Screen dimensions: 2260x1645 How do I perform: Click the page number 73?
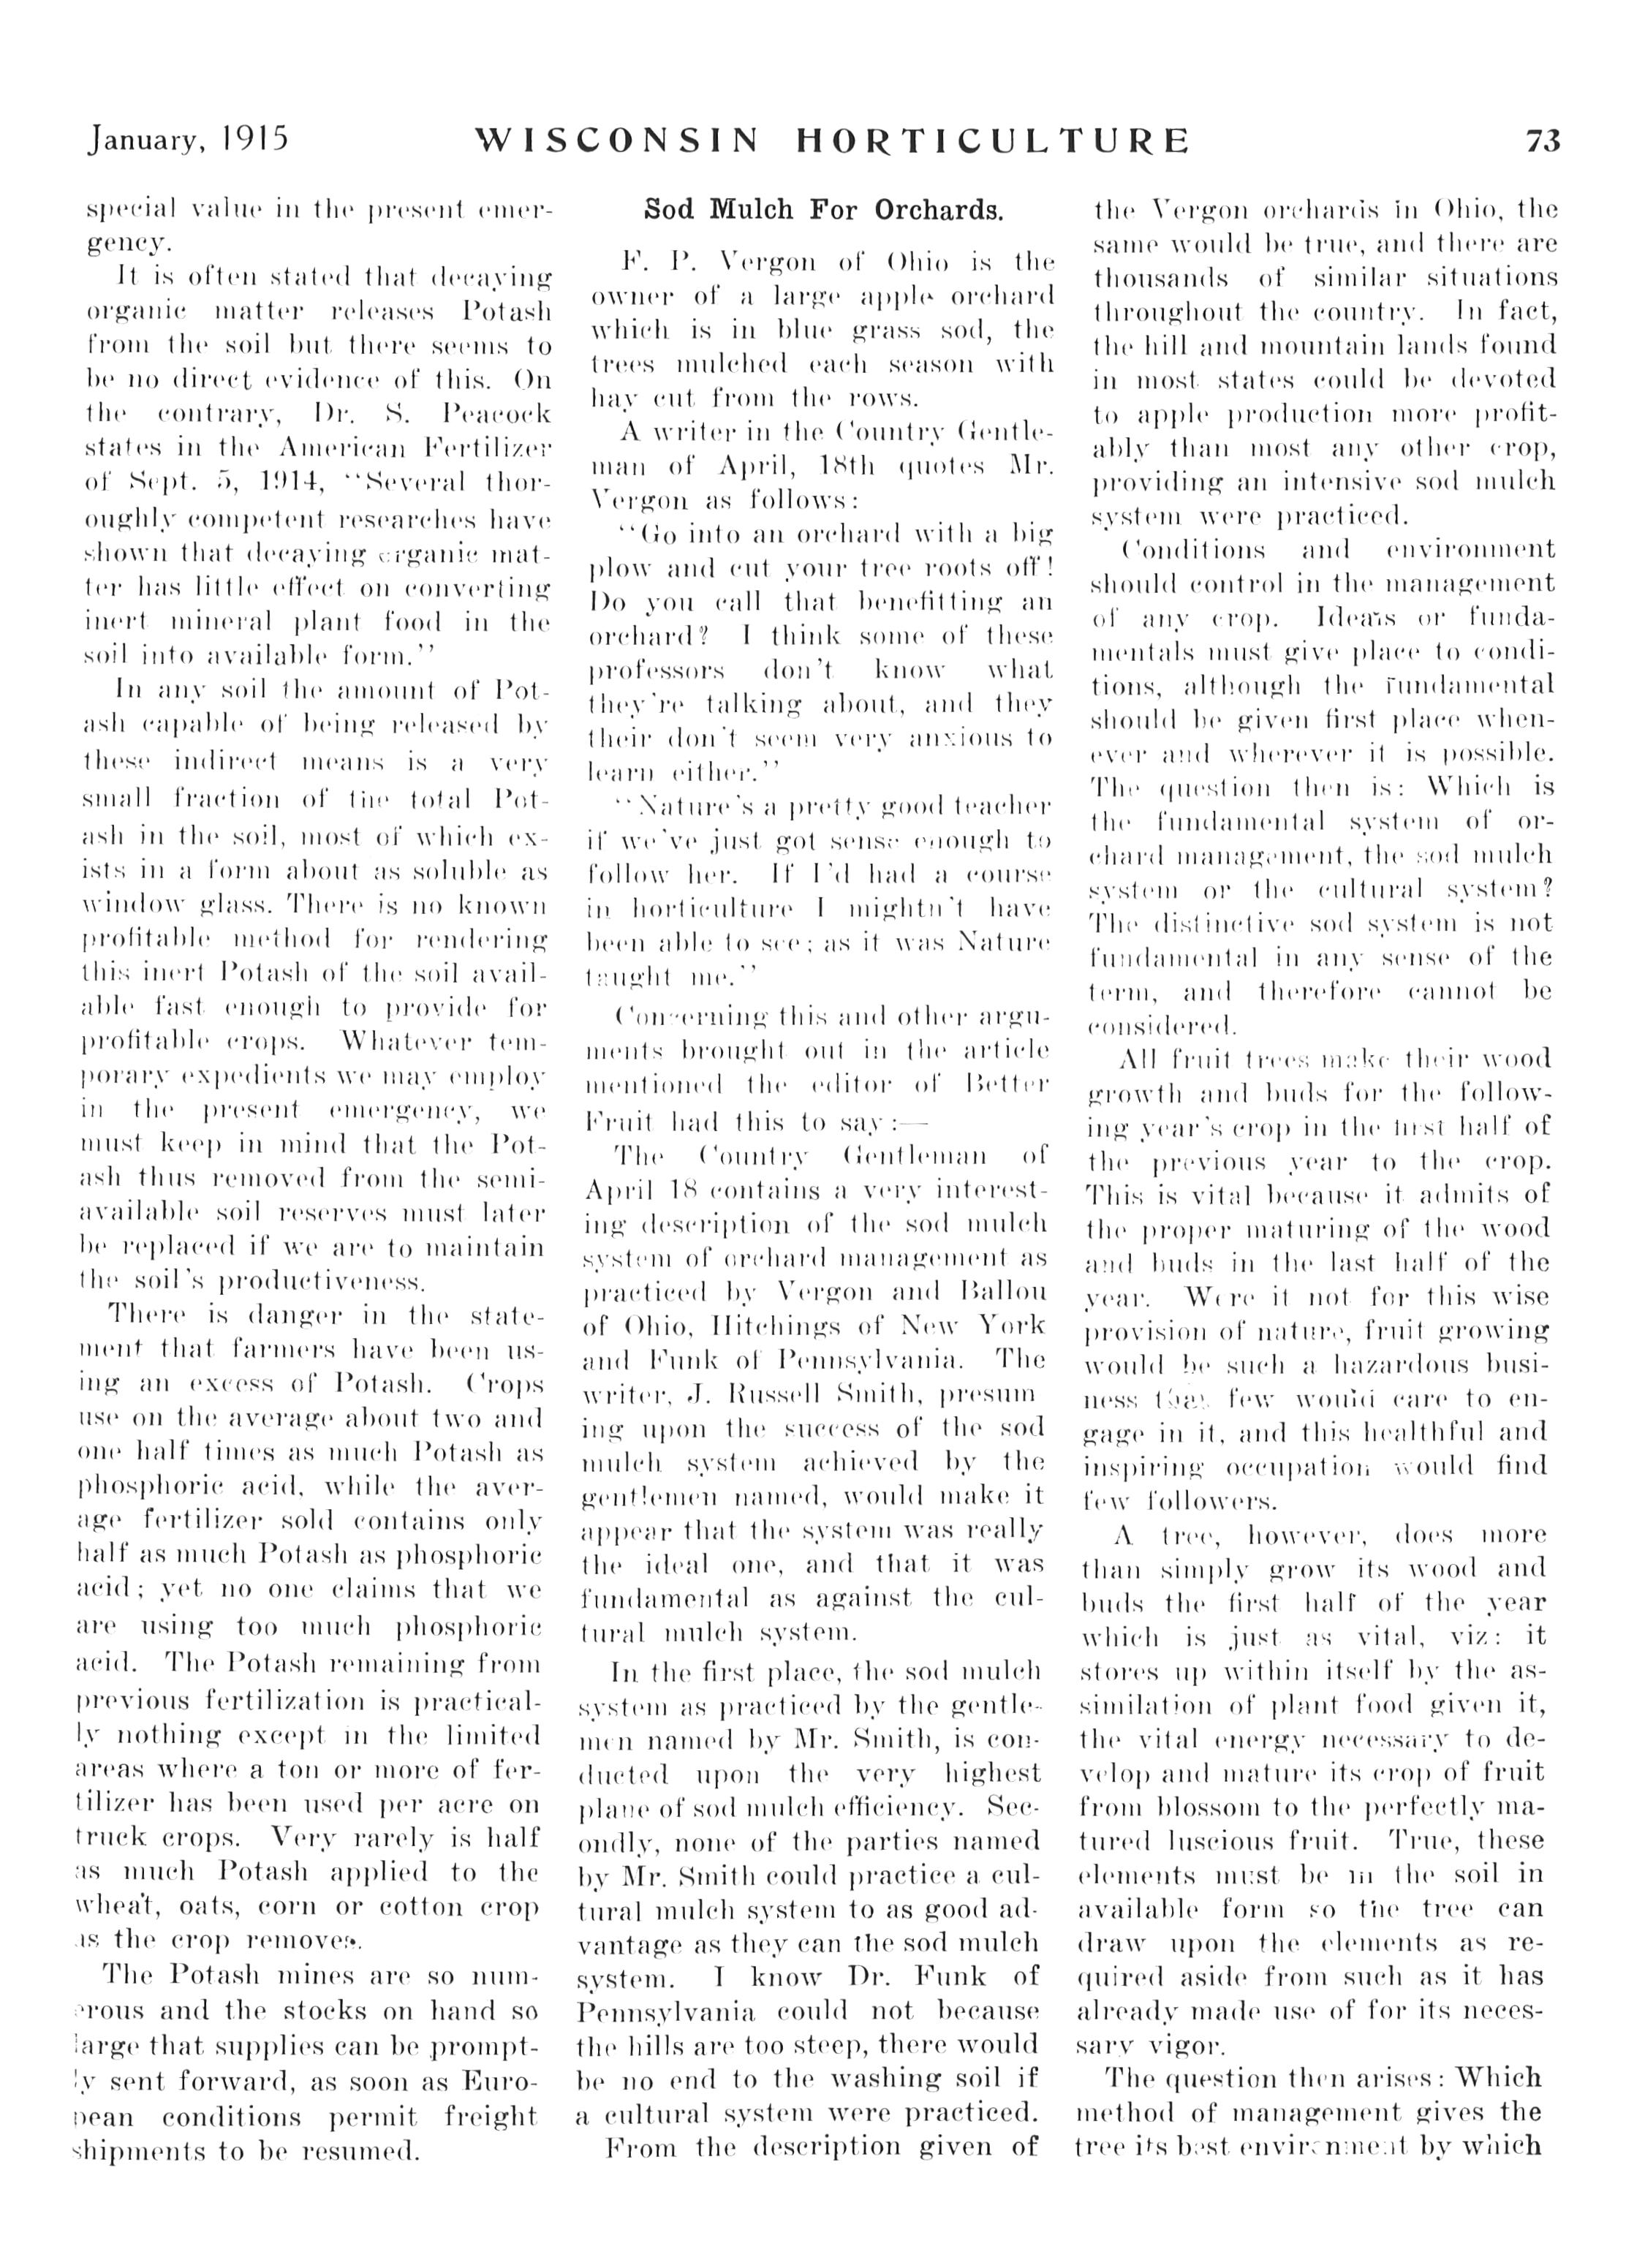pos(1543,140)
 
